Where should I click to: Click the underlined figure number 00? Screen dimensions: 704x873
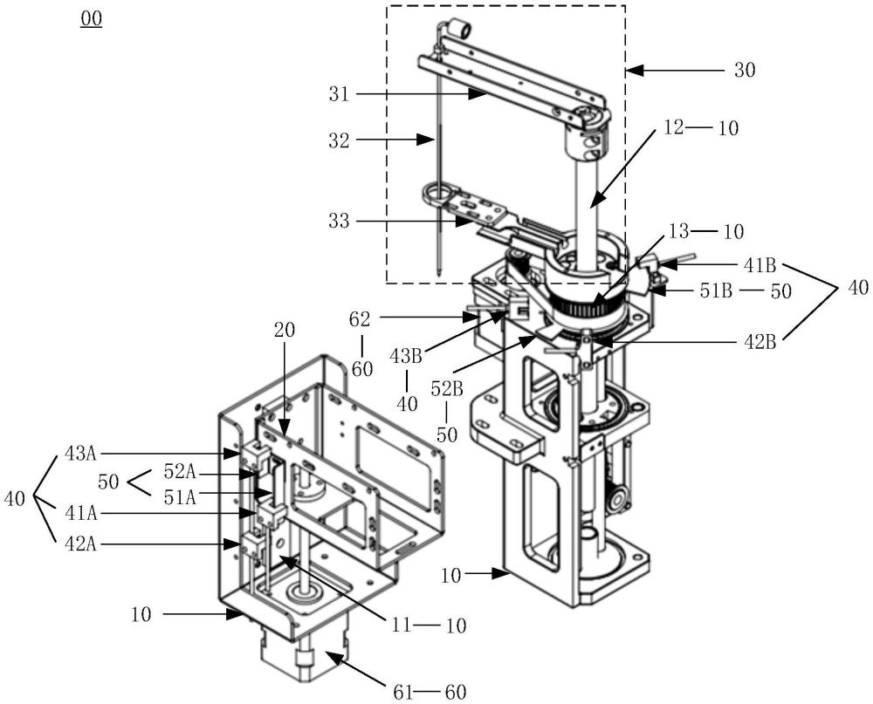[x=91, y=19]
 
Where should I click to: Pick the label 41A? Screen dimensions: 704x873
[x=79, y=515]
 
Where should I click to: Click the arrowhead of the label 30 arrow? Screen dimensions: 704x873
[x=632, y=68]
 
